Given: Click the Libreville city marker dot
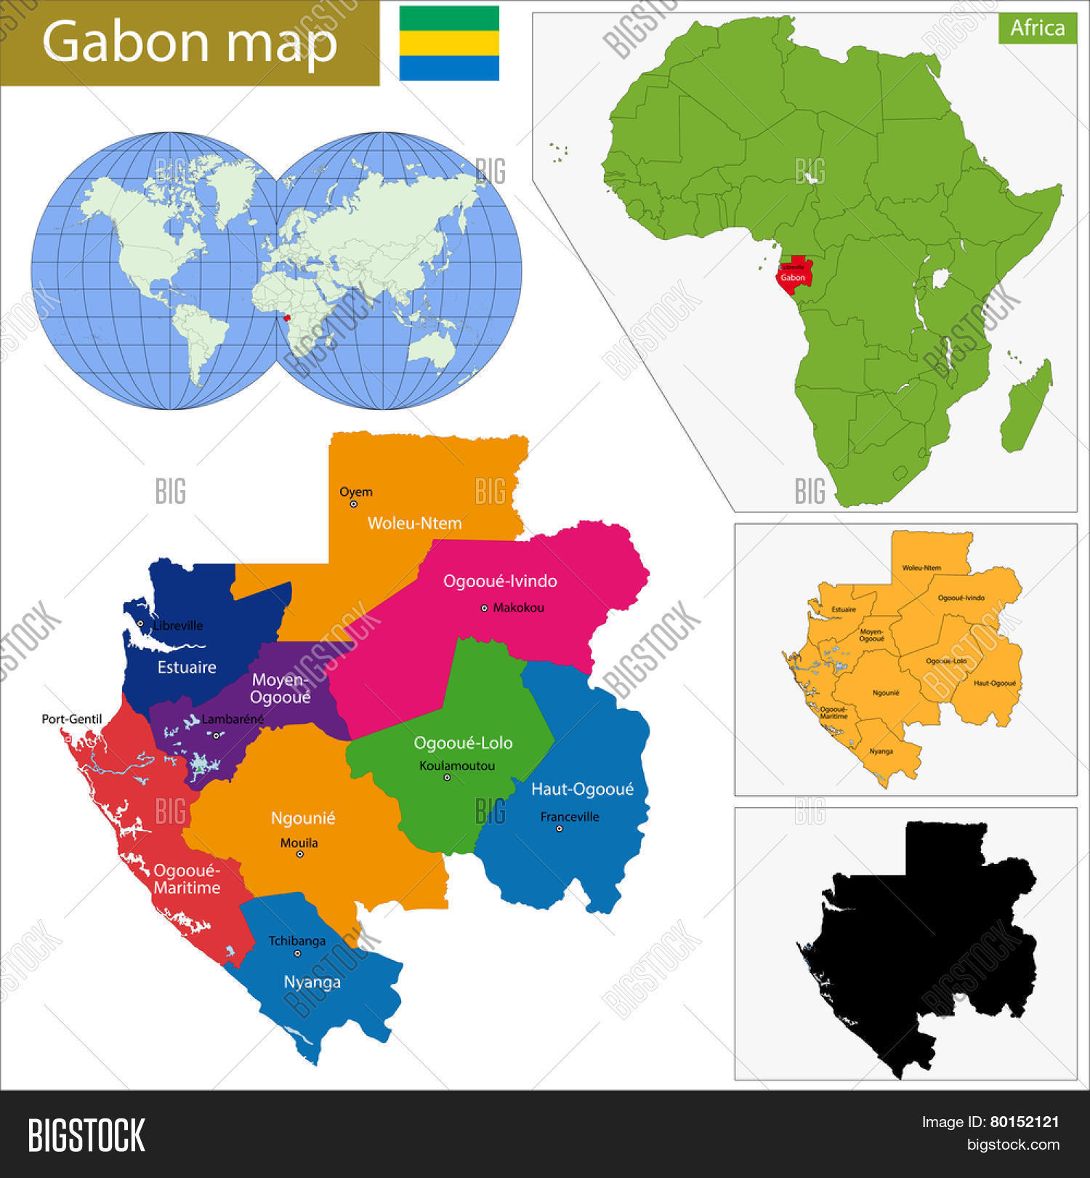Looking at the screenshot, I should [140, 623].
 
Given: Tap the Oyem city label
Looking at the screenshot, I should [356, 492].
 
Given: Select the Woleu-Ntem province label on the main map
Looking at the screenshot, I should [414, 523].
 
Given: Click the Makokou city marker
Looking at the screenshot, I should [485, 608].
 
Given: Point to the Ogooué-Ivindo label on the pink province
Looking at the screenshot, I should [500, 581].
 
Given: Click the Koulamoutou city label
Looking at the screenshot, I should [457, 766].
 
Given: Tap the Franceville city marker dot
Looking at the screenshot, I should [560, 828].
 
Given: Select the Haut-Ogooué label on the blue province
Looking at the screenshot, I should [582, 789].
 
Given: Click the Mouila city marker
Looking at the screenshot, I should [299, 854].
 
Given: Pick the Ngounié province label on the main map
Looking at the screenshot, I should [303, 818].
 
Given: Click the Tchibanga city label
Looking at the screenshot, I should [297, 941].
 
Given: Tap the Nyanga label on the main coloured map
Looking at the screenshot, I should [312, 982].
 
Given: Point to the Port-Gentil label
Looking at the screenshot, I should [71, 719].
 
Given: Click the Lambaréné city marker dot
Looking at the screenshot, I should [217, 735].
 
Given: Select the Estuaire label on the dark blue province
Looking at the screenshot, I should [187, 667].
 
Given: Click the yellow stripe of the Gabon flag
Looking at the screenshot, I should [449, 43].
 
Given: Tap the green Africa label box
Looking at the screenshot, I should [1037, 28].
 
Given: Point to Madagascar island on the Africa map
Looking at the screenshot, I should [1026, 407].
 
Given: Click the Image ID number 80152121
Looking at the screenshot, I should [1025, 1122].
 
